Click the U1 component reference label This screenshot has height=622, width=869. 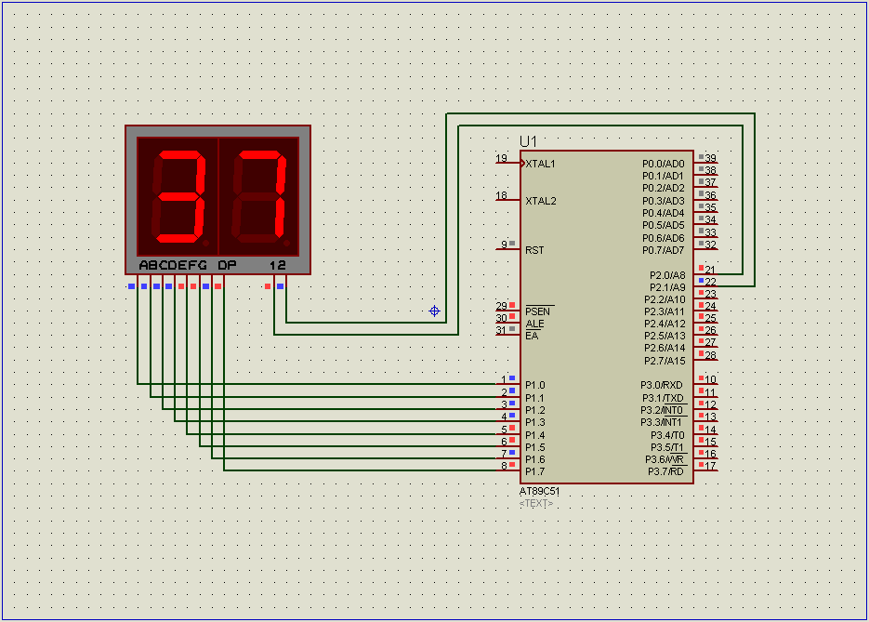[x=528, y=141]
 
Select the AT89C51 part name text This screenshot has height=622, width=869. [x=539, y=491]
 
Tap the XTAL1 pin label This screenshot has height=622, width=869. [x=540, y=164]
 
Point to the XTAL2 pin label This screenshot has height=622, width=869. [x=541, y=201]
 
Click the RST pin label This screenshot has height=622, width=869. [x=534, y=250]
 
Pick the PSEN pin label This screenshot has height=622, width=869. [x=537, y=311]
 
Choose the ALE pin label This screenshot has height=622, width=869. [x=534, y=324]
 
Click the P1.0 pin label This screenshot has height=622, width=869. [x=535, y=385]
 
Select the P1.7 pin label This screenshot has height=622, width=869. [x=535, y=471]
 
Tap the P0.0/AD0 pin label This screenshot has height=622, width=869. [x=664, y=164]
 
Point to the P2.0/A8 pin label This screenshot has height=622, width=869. [x=667, y=275]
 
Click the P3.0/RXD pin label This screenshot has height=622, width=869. [x=662, y=385]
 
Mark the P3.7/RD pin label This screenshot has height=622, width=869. [x=665, y=471]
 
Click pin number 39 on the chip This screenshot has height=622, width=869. [x=710, y=158]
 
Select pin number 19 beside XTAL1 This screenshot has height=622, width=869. [x=502, y=159]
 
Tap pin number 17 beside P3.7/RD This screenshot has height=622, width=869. [x=710, y=466]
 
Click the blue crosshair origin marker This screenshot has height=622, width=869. [x=435, y=311]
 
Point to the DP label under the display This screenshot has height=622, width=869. [x=227, y=265]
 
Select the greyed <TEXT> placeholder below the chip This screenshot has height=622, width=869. [x=536, y=503]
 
